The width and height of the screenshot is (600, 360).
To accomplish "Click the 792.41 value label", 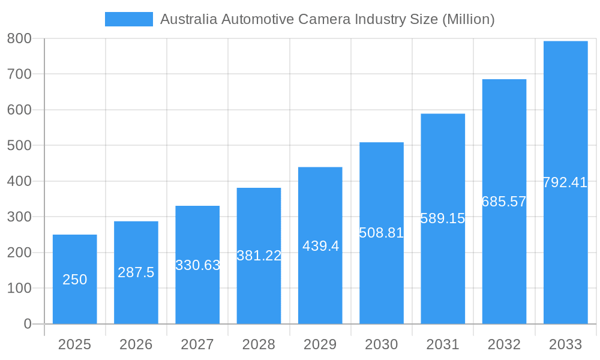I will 565,182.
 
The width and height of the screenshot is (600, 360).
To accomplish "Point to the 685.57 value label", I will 504,202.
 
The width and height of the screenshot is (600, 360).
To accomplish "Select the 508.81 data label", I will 382,233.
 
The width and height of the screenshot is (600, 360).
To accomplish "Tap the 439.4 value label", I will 320,246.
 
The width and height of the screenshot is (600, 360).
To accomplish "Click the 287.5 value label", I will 136,272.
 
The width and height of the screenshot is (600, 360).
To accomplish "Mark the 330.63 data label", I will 197,265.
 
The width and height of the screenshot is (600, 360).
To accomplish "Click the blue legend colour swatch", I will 128,19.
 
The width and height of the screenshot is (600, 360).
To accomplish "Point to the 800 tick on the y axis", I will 19,38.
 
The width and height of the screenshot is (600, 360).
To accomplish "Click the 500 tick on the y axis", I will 19,145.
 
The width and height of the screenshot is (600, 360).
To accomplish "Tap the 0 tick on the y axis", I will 27,324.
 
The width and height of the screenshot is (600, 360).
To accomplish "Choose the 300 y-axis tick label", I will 19,217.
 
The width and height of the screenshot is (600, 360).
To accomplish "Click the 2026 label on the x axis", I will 136,344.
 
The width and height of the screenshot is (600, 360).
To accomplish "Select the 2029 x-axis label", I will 320,344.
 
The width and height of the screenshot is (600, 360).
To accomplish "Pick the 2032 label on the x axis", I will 504,344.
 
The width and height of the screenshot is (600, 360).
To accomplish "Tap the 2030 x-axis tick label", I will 382,344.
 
